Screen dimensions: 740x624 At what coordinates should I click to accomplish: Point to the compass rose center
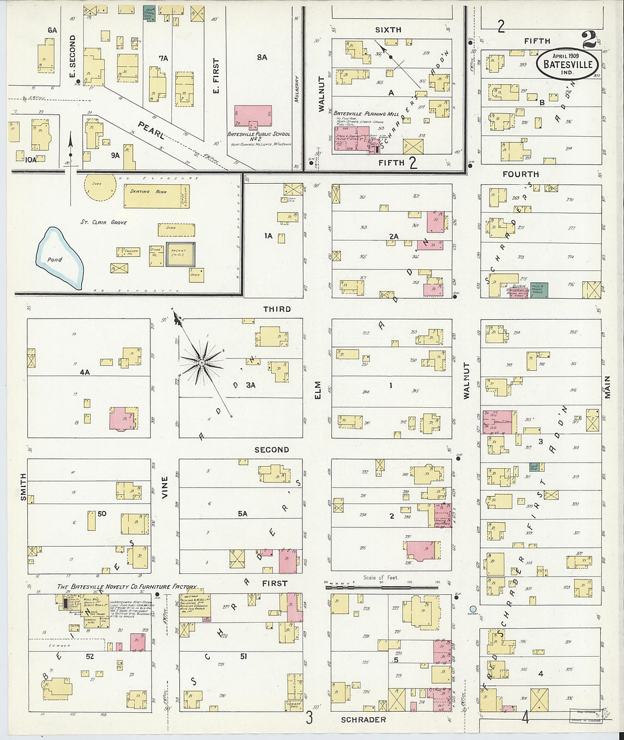click(x=201, y=361)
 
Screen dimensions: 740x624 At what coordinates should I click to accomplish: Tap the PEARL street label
click(x=151, y=130)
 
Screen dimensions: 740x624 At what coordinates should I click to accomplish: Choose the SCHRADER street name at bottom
click(x=363, y=720)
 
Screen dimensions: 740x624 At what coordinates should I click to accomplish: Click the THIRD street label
click(x=277, y=309)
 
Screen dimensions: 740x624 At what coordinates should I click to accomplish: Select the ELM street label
click(x=318, y=390)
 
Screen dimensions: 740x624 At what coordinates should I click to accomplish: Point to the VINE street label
click(x=165, y=487)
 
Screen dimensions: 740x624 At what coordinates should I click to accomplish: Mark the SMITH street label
click(x=23, y=487)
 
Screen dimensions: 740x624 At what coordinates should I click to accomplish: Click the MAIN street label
click(x=607, y=387)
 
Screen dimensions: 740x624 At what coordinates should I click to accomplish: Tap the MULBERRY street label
click(x=296, y=89)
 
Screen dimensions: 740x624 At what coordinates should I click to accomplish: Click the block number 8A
click(x=262, y=57)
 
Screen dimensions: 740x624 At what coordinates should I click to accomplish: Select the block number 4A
click(x=85, y=372)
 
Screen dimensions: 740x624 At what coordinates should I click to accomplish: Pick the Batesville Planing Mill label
click(x=361, y=113)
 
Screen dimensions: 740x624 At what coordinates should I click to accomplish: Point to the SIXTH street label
click(x=388, y=29)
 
